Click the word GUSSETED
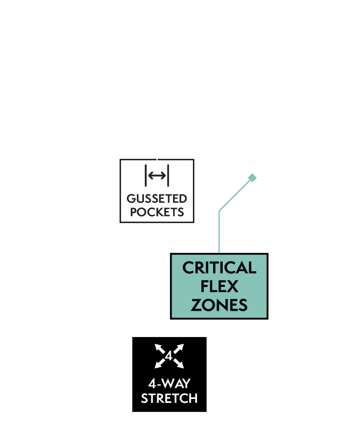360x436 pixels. (157, 199)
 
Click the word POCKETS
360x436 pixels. (157, 212)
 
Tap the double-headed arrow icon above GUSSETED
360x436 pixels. (157, 176)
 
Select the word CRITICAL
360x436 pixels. (219, 268)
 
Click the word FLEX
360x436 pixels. (219, 286)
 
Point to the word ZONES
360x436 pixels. (219, 305)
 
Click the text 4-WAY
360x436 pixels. (169, 384)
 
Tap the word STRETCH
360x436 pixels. (169, 398)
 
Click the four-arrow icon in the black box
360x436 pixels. (169, 356)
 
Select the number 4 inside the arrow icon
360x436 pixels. (169, 356)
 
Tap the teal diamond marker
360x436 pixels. (252, 177)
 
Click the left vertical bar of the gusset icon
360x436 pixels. (146, 176)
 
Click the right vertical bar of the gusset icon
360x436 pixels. (168, 176)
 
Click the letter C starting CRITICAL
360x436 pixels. (188, 268)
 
